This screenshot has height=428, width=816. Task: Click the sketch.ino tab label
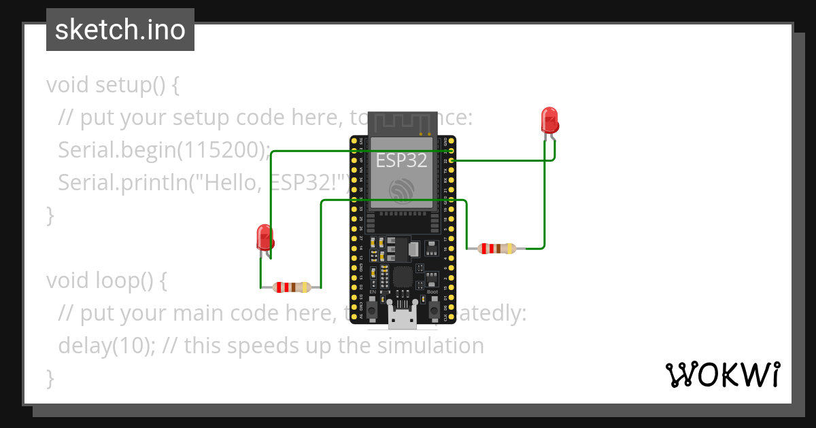(x=120, y=30)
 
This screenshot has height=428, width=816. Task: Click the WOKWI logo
(x=722, y=374)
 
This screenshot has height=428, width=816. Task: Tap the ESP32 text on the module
(x=402, y=160)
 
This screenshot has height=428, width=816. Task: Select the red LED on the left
(x=264, y=237)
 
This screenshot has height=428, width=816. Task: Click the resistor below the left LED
(x=291, y=287)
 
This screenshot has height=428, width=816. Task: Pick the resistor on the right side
(x=498, y=249)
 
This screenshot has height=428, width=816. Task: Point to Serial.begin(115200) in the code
(x=164, y=150)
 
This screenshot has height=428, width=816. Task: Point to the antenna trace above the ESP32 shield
(x=402, y=123)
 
